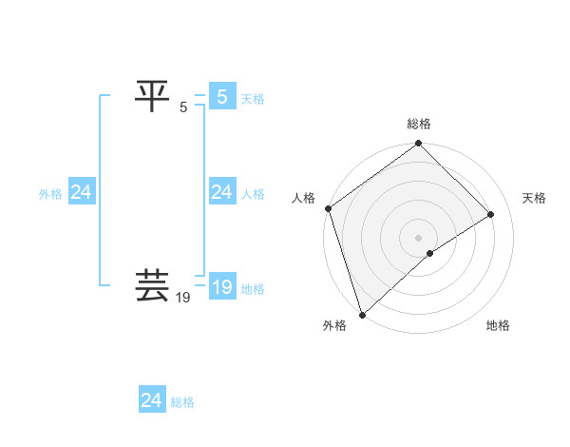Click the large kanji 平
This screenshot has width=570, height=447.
click(x=153, y=95)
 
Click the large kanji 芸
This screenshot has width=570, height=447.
click(x=153, y=286)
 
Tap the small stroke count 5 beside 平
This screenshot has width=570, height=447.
click(x=183, y=107)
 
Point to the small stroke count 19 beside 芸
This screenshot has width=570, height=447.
click(x=184, y=298)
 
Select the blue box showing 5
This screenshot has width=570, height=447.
click(x=221, y=97)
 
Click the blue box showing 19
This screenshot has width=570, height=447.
click(x=221, y=287)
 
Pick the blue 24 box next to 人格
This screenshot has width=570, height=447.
click(x=221, y=192)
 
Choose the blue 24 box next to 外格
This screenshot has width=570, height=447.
click(x=81, y=192)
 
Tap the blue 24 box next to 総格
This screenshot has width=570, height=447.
click(x=151, y=400)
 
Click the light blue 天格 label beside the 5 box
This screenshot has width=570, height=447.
click(x=253, y=99)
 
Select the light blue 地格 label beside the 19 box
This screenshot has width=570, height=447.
click(x=253, y=289)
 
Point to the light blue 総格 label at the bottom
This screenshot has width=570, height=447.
click(x=182, y=402)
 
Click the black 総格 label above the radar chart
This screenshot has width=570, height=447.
click(x=419, y=124)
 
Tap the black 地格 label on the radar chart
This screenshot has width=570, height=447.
click(x=498, y=326)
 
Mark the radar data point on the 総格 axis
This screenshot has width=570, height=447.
click(x=419, y=144)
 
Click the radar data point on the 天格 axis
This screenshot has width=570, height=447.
click(x=491, y=214)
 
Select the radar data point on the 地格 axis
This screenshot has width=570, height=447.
click(x=430, y=253)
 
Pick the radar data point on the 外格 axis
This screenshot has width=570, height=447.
click(x=362, y=314)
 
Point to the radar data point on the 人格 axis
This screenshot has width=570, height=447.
click(x=328, y=208)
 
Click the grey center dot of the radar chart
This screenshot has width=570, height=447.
click(x=419, y=237)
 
